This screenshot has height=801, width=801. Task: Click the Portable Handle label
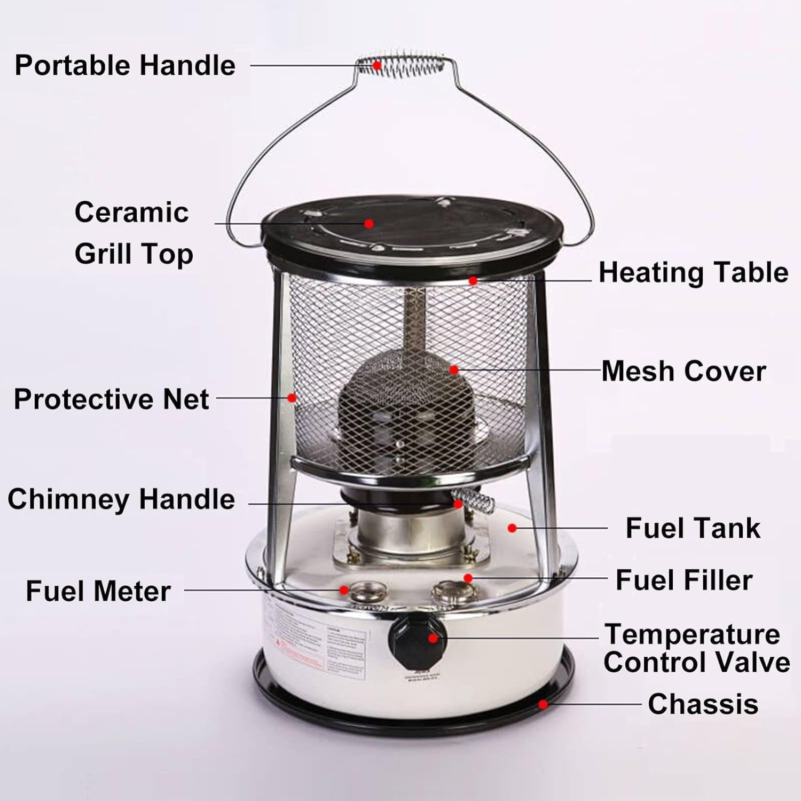[x=124, y=65]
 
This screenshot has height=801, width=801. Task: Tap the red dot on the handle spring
[x=377, y=66]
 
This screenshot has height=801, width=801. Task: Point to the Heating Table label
[x=693, y=272]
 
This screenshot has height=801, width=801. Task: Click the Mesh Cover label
[x=684, y=371]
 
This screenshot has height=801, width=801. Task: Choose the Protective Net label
[x=111, y=399]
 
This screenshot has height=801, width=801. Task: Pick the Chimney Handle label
[x=121, y=499]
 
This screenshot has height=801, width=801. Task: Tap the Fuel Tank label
[x=693, y=528]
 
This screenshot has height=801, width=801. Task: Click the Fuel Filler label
[x=684, y=580]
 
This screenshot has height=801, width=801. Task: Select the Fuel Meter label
[x=98, y=591]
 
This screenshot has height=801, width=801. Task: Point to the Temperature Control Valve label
[x=696, y=648]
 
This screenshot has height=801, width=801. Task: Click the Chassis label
[x=703, y=704]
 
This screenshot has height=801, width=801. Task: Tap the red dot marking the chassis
[x=543, y=704]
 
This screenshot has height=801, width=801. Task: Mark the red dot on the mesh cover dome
[x=454, y=370]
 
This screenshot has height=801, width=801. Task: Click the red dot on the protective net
[x=292, y=398]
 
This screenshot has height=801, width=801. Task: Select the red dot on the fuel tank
[x=512, y=528]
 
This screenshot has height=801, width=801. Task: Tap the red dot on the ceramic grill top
[x=369, y=223]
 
